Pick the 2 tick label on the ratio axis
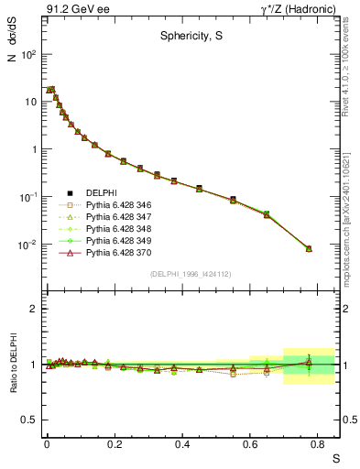click(34, 309)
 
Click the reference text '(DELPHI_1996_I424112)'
click(191, 273)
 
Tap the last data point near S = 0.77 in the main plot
click(309, 248)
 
